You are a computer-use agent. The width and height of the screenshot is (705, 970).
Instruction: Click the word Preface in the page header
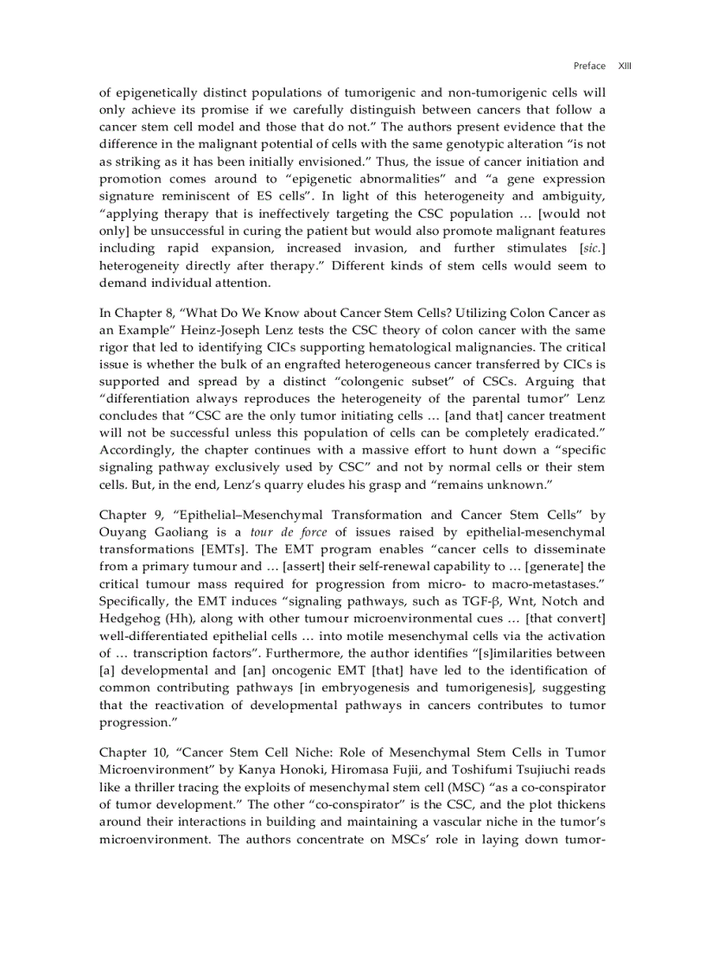(589, 66)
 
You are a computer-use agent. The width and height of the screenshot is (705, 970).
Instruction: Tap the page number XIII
(625, 66)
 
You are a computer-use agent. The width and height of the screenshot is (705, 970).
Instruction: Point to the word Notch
(558, 601)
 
